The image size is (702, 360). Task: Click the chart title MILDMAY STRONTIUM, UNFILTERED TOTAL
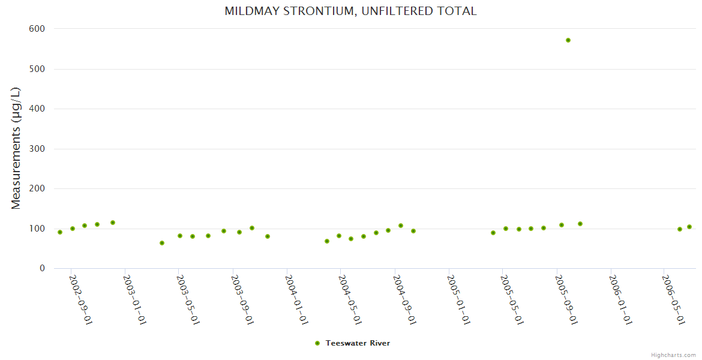(350, 11)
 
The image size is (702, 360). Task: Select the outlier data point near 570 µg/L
(568, 40)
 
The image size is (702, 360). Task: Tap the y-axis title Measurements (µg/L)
(16, 148)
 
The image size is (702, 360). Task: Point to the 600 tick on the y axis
(37, 29)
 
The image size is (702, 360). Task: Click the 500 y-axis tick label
(37, 69)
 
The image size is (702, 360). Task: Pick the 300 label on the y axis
(37, 149)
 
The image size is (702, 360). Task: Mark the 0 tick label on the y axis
(42, 268)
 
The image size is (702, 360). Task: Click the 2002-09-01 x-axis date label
(80, 299)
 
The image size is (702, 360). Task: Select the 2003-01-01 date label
(134, 299)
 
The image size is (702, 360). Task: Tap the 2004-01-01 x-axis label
(296, 299)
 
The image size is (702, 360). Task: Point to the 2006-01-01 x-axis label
(620, 299)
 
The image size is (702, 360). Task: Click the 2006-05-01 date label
(673, 299)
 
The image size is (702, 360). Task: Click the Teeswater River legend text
(358, 343)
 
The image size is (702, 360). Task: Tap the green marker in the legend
(317, 343)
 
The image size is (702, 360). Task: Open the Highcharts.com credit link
(673, 355)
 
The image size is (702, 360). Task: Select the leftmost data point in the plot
(60, 232)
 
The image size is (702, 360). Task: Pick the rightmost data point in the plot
(689, 227)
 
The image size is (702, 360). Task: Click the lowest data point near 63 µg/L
(162, 243)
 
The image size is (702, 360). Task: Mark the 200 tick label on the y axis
(37, 188)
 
